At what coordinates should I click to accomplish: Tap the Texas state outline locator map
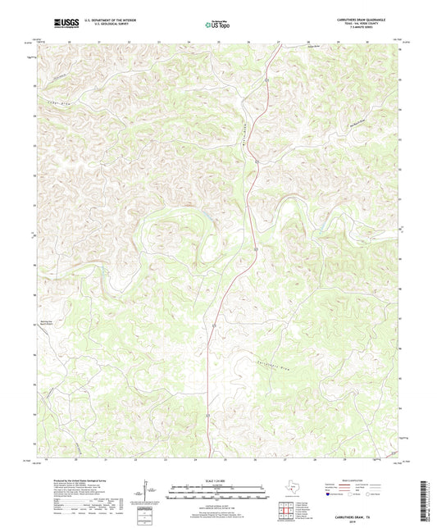click(x=292, y=489)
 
